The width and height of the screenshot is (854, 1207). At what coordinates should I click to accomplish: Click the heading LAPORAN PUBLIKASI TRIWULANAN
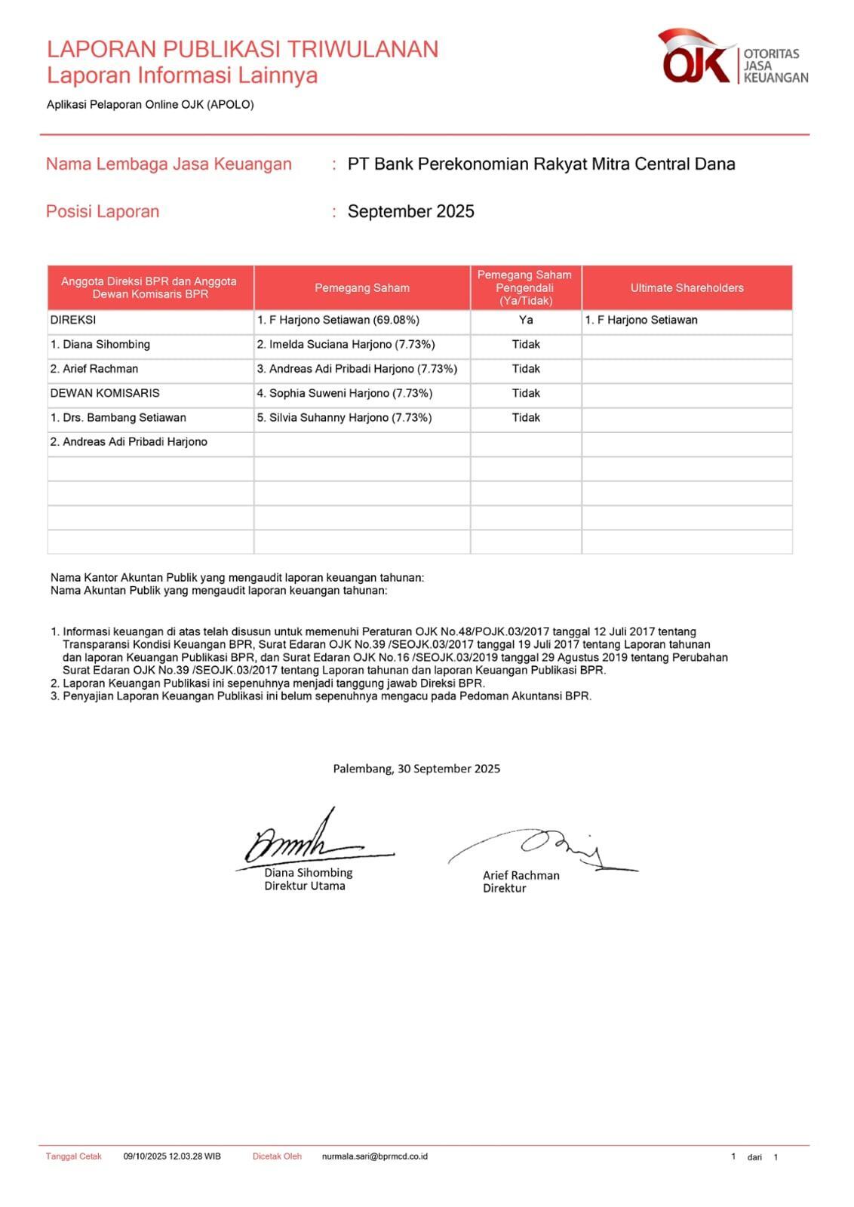click(x=242, y=49)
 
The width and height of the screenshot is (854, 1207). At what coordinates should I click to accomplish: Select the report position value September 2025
click(x=410, y=211)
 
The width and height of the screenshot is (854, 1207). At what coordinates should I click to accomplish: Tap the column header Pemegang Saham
click(x=362, y=287)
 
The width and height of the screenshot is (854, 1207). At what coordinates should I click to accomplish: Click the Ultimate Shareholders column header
click(x=687, y=287)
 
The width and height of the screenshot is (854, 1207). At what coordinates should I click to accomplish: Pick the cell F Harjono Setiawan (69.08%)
click(x=338, y=320)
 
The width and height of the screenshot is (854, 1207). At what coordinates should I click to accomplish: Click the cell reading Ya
click(x=526, y=320)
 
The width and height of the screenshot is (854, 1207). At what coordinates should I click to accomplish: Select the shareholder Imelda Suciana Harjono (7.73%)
click(x=346, y=344)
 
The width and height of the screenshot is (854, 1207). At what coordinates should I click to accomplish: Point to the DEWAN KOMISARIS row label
click(x=105, y=393)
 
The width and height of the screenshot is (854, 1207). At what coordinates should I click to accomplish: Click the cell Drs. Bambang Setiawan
click(x=118, y=417)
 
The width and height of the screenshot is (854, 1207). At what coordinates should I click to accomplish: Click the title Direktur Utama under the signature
click(x=305, y=886)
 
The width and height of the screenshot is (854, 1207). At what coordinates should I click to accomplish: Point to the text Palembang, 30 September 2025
click(x=416, y=768)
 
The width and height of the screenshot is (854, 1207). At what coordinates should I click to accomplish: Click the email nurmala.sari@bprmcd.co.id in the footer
click(x=374, y=1156)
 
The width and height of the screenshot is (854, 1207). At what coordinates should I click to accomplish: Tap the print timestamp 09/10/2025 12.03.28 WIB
click(x=172, y=1156)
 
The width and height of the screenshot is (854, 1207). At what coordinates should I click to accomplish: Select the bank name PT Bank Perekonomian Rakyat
click(x=541, y=164)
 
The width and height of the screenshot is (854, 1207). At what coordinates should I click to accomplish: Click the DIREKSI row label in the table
click(x=73, y=320)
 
